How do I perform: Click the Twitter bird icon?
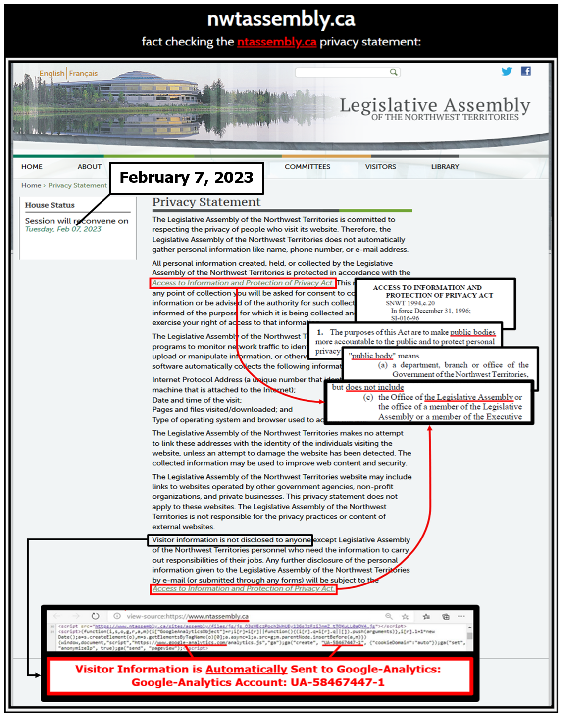[507, 71]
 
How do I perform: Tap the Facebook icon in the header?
[526, 71]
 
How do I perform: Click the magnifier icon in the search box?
[393, 72]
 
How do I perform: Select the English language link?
[51, 73]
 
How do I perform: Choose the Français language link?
[83, 73]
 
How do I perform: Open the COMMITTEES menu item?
[307, 167]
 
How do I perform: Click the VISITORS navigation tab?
[380, 167]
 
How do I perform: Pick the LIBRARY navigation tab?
[445, 167]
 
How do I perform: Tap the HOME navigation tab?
[32, 167]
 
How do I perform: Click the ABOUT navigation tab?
[89, 167]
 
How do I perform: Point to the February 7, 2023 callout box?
[186, 178]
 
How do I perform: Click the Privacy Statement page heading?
[206, 202]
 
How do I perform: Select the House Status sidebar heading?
[50, 205]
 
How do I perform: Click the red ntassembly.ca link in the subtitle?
[276, 42]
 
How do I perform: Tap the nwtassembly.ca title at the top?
[281, 19]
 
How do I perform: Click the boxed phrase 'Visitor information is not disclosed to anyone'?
[230, 540]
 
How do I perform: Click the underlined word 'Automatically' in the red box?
[246, 669]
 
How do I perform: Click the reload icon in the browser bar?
[95, 616]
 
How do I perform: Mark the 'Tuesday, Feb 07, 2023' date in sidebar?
[63, 229]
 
